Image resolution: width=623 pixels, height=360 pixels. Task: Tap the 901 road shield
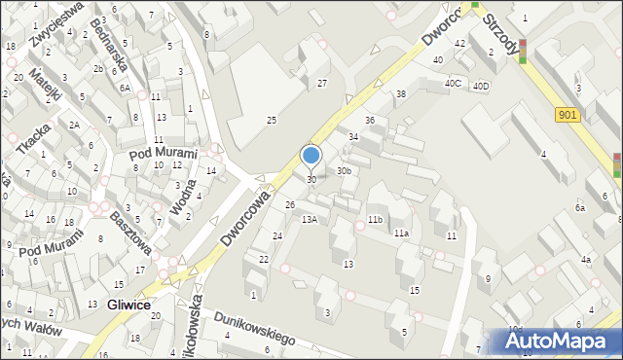click(569, 115)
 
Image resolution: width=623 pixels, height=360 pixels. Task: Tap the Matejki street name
click(46, 87)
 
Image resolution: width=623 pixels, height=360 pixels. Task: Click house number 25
click(273, 120)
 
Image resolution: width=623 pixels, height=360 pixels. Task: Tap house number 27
click(322, 84)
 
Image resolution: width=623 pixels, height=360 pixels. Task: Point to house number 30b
click(344, 171)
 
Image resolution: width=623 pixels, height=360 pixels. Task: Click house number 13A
click(310, 220)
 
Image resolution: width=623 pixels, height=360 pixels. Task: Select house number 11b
click(375, 220)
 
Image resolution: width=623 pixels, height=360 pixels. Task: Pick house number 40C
click(453, 83)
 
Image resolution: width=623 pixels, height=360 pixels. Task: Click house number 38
click(400, 93)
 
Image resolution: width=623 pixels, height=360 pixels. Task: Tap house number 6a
click(580, 207)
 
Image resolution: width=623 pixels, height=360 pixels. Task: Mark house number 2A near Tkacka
click(74, 125)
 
